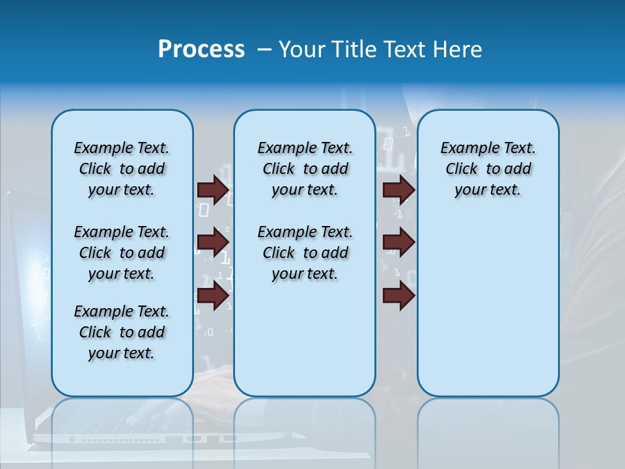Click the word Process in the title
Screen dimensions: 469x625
[201, 49]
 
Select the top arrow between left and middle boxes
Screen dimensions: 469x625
[212, 190]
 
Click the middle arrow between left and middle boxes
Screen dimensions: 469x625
[212, 242]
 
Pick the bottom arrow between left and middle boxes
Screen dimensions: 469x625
[212, 295]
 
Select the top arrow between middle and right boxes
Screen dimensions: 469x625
[398, 190]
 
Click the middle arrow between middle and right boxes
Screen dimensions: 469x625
[398, 242]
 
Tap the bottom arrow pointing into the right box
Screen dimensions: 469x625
[398, 295]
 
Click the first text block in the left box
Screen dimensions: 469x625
[122, 169]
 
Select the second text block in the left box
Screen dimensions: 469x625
[122, 253]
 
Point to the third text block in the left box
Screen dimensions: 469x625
[122, 332]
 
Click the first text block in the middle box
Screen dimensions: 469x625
[305, 169]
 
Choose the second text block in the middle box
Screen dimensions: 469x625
[305, 253]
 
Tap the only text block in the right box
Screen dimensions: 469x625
[488, 169]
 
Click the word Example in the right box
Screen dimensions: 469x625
[464, 148]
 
